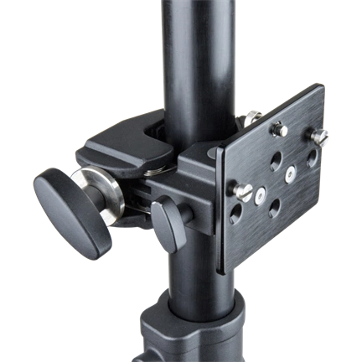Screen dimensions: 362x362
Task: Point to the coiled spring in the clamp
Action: tap(148, 168)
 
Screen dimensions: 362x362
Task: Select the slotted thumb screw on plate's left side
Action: tap(242, 194)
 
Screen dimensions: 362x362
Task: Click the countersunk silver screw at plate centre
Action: tap(289, 173)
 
